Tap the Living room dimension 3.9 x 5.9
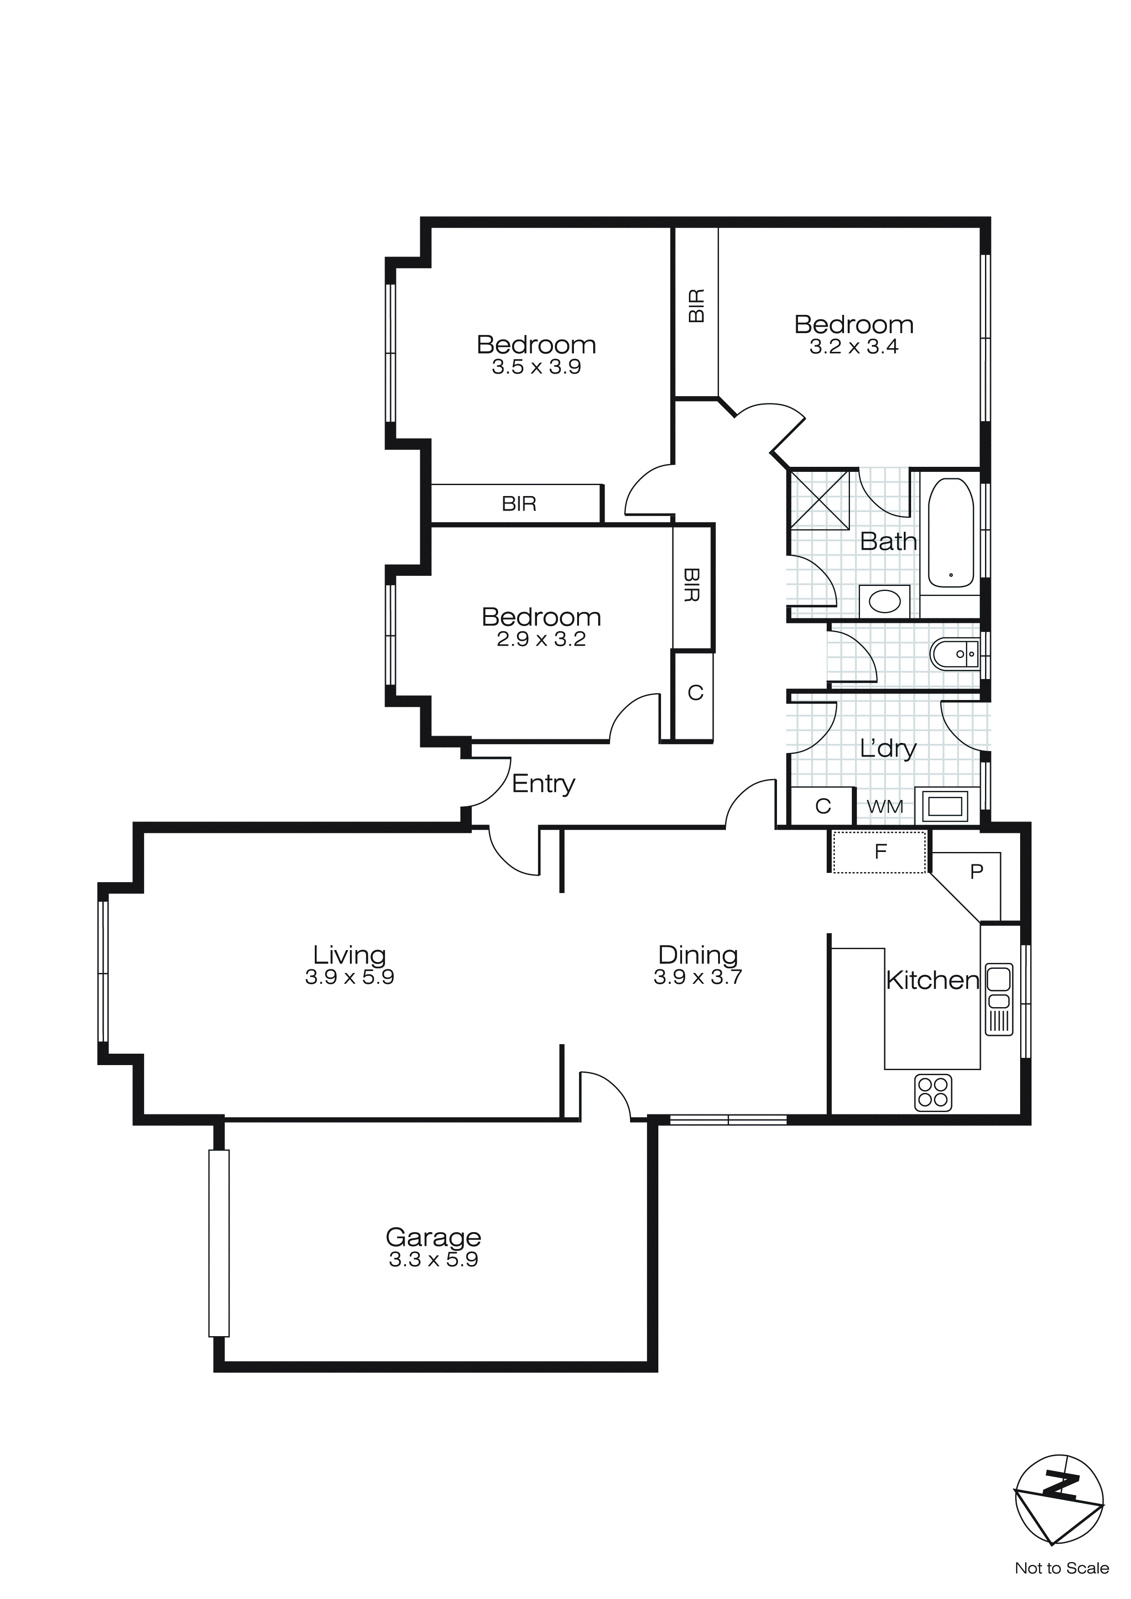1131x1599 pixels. (349, 977)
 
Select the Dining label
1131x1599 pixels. (698, 954)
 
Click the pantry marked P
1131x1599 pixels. (976, 871)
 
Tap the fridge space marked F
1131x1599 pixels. (880, 851)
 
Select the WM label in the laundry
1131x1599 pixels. (885, 806)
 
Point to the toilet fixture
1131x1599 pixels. (954, 654)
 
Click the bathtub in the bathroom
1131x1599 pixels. (951, 533)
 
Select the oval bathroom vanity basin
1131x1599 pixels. (885, 601)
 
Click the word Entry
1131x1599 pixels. (543, 784)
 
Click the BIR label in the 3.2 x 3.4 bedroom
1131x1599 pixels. (696, 306)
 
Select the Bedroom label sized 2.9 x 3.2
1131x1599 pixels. (541, 617)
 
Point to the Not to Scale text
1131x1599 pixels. (1061, 1568)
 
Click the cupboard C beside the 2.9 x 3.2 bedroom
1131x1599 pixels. (694, 693)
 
